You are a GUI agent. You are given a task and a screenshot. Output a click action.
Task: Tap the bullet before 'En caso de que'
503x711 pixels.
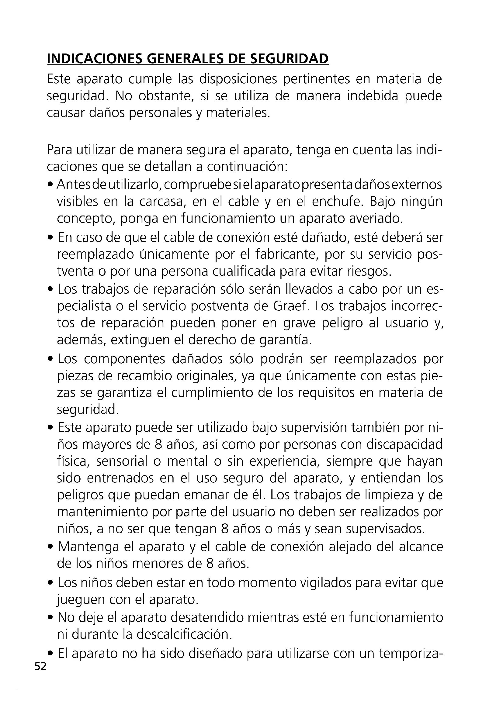[51, 238]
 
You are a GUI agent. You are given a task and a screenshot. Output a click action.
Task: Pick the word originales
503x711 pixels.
[206, 376]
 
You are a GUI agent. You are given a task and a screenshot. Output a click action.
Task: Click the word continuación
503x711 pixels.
[248, 167]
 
